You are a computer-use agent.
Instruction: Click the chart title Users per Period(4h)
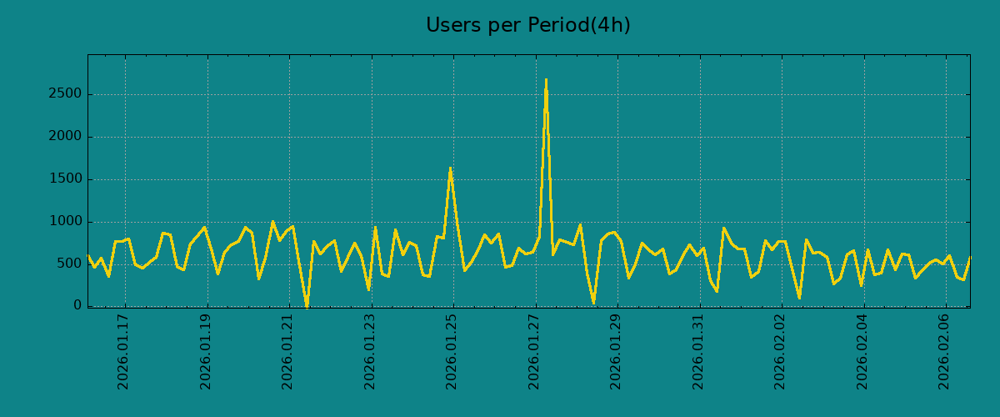click(527, 26)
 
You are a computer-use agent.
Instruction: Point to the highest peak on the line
click(546, 80)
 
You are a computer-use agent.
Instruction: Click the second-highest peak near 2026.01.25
click(450, 168)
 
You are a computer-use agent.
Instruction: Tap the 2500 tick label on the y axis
click(64, 94)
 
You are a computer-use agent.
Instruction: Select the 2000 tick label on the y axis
click(64, 137)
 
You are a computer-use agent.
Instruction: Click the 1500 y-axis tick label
click(64, 179)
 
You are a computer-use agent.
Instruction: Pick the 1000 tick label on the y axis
click(64, 222)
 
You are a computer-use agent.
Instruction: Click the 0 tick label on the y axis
click(77, 306)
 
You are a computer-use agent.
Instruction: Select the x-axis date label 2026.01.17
click(124, 351)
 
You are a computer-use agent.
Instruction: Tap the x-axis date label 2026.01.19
click(206, 351)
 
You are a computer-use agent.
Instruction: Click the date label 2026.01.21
click(288, 351)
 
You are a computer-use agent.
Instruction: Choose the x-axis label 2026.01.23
click(370, 351)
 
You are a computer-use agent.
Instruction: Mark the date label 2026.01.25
click(452, 351)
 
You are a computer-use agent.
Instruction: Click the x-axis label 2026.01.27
click(534, 351)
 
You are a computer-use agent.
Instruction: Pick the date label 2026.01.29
click(617, 351)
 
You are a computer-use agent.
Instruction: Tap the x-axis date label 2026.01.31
click(698, 351)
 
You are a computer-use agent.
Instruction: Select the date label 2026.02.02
click(781, 351)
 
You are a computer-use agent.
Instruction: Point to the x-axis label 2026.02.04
click(862, 351)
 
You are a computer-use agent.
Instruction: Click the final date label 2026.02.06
click(945, 351)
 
